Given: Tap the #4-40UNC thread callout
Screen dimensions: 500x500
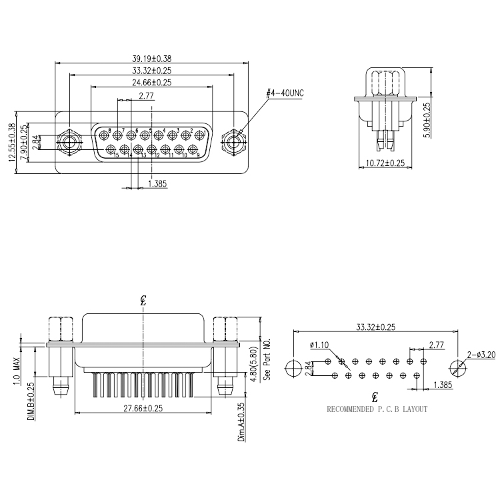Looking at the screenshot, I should [285, 93].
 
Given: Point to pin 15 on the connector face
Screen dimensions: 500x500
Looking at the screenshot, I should [111, 149].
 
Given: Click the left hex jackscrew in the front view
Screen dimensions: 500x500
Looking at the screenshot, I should [69, 143].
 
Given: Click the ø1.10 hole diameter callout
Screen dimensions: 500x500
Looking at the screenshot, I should [320, 345].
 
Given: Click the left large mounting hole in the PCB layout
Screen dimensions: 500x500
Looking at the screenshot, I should [293, 368].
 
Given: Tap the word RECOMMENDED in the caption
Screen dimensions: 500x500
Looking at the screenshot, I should [353, 409].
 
